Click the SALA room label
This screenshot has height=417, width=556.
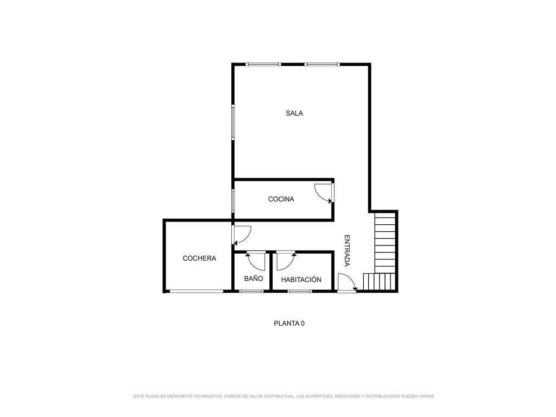pyautogui.click(x=294, y=113)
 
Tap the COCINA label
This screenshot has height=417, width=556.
pyautogui.click(x=281, y=199)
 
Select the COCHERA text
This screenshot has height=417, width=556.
pyautogui.click(x=199, y=258)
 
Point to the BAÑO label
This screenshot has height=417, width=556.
pyautogui.click(x=254, y=279)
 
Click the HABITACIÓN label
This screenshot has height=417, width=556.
pyautogui.click(x=301, y=280)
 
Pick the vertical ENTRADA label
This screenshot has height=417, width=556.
pyautogui.click(x=347, y=250)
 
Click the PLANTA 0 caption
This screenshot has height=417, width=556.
pyautogui.click(x=289, y=324)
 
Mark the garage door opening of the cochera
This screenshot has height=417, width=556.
pyautogui.click(x=197, y=292)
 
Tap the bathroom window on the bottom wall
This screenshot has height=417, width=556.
pyautogui.click(x=251, y=292)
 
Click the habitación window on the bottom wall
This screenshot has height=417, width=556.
pyautogui.click(x=300, y=292)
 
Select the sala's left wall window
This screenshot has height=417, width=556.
pyautogui.click(x=233, y=122)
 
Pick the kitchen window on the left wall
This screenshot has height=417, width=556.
pyautogui.click(x=233, y=201)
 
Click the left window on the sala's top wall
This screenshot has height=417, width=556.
pyautogui.click(x=263, y=64)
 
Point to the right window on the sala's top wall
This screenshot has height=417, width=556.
pyautogui.click(x=322, y=64)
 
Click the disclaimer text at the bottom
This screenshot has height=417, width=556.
pyautogui.click(x=285, y=396)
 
